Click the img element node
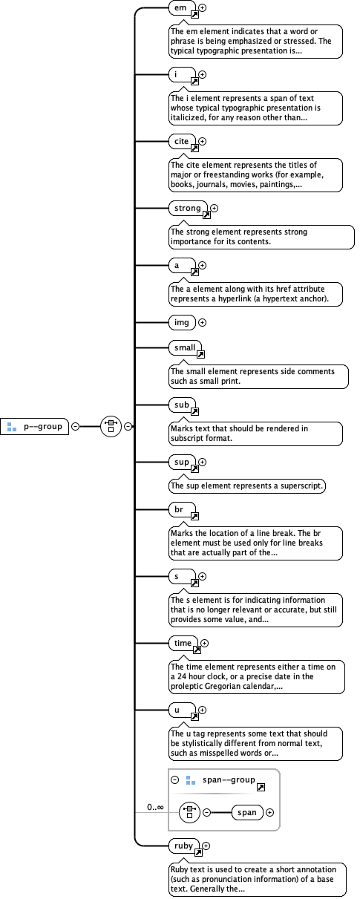183,322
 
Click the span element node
247,812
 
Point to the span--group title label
229,780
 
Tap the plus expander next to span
269,812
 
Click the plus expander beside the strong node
215,209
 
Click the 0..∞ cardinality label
155,806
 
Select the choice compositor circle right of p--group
111,426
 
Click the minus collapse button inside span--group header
175,780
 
